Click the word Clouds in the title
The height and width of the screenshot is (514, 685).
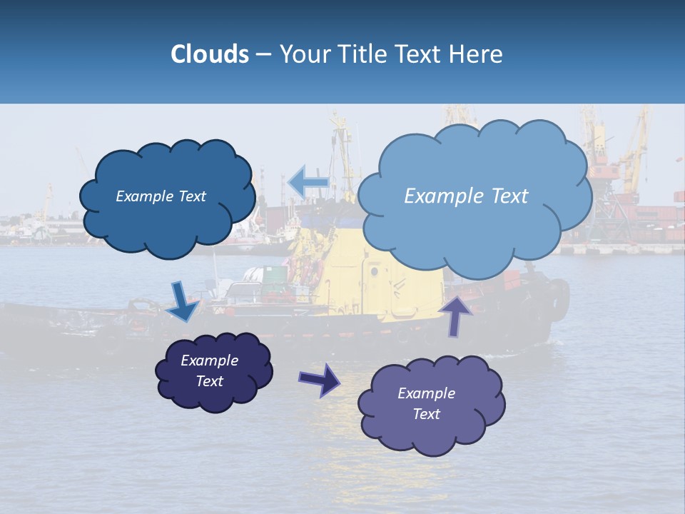coord(209,54)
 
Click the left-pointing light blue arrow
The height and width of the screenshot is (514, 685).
coord(308,182)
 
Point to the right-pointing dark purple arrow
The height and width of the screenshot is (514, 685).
coord(319,379)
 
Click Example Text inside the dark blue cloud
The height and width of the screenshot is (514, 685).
coord(161,196)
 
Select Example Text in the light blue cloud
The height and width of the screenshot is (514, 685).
coord(466,196)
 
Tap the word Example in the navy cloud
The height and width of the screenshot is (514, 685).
coord(209,361)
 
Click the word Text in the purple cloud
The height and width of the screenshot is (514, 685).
coord(426,414)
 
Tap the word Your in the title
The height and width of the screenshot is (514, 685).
coord(301,54)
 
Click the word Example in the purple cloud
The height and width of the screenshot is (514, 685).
coord(426,393)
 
